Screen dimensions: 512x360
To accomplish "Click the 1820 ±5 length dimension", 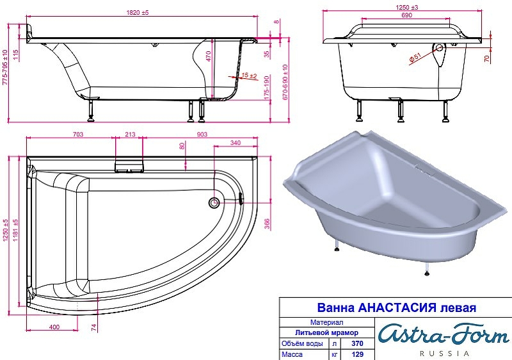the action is (138, 13).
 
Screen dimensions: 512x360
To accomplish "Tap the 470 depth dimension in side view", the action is (209, 56).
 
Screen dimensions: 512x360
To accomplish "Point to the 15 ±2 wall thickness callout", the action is (249, 76).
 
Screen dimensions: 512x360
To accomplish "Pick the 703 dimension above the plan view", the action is (77, 134).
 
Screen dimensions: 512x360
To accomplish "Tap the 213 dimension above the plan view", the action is (130, 134).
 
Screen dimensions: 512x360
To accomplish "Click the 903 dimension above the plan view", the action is (202, 134).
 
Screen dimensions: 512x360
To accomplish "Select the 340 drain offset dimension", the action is (235, 142).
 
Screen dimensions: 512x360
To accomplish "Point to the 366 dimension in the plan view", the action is (267, 224).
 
